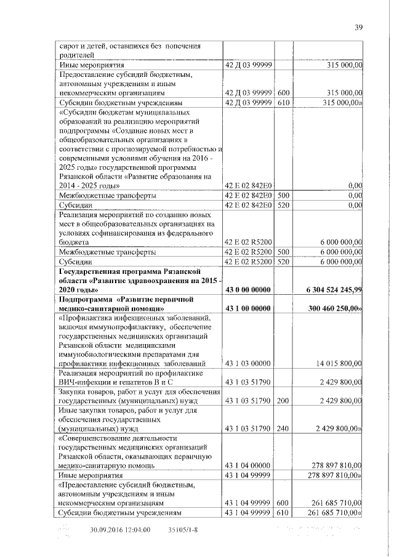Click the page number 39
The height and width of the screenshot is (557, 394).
[x=359, y=26]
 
